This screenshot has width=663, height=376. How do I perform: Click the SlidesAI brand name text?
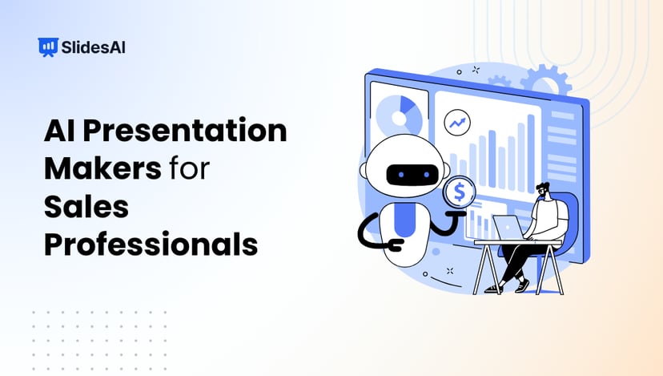(92, 47)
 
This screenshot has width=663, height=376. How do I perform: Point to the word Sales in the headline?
(77, 207)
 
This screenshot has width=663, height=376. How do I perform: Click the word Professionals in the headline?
(151, 245)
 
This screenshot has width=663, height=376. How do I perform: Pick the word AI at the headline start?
(59, 131)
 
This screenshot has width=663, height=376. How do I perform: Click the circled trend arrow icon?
(457, 123)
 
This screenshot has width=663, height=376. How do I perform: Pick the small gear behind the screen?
(500, 83)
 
